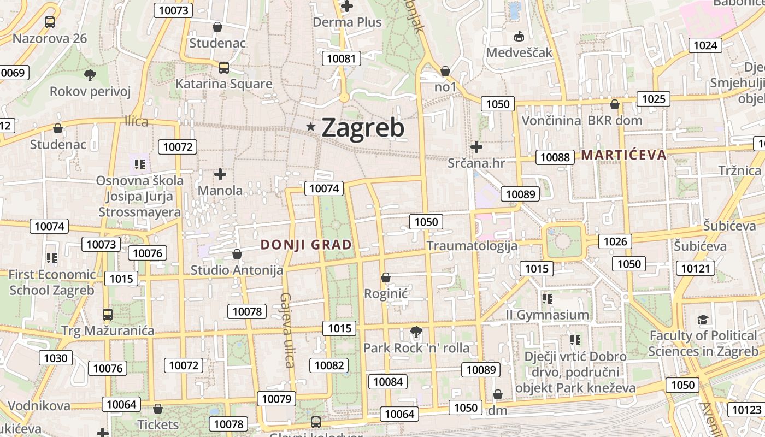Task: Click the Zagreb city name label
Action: (x=363, y=128)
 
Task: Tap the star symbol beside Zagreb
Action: (x=311, y=127)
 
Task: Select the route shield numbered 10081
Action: (x=341, y=58)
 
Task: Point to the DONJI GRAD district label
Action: (x=307, y=245)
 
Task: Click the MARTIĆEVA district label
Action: (x=623, y=155)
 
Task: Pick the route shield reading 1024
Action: (x=705, y=45)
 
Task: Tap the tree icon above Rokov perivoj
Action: (x=90, y=75)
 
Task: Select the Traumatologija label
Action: (x=472, y=245)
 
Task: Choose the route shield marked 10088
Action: (x=555, y=157)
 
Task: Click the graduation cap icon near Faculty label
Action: (x=703, y=320)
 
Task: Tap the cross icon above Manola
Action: (x=220, y=174)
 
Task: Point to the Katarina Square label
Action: (x=223, y=84)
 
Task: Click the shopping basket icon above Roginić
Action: (x=386, y=277)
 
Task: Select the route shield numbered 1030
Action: (x=56, y=358)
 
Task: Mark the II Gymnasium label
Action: (x=547, y=315)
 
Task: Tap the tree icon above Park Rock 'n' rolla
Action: (x=416, y=332)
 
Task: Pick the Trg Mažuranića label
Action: (x=108, y=330)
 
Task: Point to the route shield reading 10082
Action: (x=329, y=365)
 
